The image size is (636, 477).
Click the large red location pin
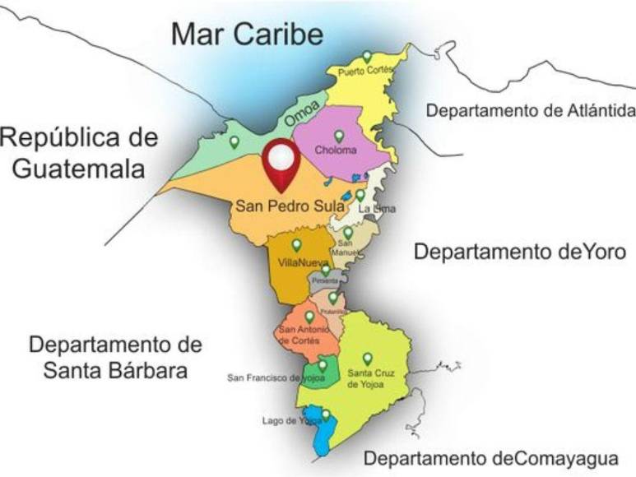click(281, 162)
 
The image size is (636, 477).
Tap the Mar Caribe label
click(246, 35)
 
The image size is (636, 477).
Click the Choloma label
click(336, 151)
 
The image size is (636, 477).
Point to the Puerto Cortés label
click(365, 72)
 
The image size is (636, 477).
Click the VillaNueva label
click(299, 263)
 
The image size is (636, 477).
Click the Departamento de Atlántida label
click(530, 110)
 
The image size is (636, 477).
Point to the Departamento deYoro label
click(519, 251)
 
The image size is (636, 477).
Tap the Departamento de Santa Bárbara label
click(114, 356)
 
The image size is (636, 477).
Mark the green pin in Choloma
click(338, 136)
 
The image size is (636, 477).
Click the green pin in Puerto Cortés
click(367, 57)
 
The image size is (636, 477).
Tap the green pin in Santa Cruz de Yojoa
click(367, 359)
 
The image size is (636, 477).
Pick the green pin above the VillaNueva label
click(296, 245)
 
